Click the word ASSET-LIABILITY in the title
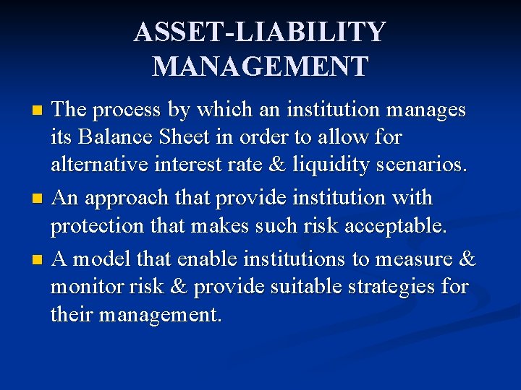click(260, 32)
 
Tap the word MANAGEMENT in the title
click(260, 66)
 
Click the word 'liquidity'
click(338, 165)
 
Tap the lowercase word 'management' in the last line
click(161, 315)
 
